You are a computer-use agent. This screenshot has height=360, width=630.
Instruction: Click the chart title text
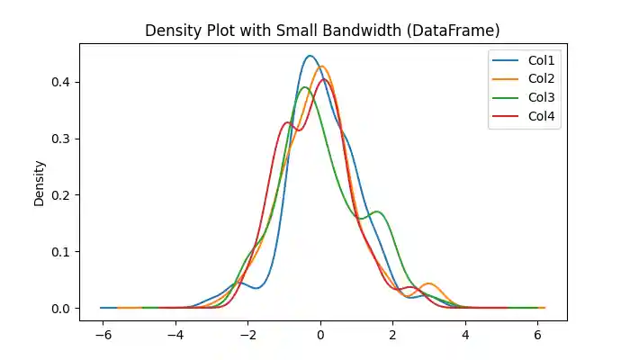click(322, 31)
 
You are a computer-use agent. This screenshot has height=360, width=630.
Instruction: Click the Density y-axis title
click(40, 183)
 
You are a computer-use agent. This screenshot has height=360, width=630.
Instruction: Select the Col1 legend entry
click(540, 62)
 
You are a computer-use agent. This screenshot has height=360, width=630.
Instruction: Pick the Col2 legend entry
click(540, 80)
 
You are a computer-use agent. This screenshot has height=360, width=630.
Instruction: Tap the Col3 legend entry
click(540, 98)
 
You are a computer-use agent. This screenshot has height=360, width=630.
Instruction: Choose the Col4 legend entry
click(540, 116)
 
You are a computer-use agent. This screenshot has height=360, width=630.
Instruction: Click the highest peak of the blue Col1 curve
click(310, 56)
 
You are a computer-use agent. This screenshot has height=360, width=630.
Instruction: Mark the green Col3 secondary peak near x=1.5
click(377, 211)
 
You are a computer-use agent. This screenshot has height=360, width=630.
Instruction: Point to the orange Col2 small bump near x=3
click(429, 283)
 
